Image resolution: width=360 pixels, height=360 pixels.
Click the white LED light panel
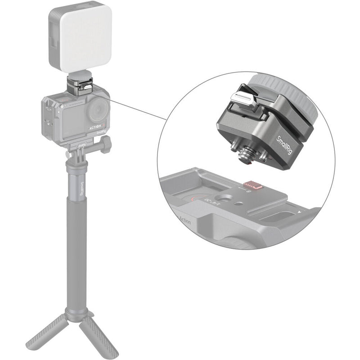click(81, 38)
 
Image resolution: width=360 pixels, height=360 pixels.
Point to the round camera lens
click(98, 110)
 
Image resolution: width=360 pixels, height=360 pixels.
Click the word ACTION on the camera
click(94, 127)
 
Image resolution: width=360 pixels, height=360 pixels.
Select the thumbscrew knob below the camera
click(104, 145)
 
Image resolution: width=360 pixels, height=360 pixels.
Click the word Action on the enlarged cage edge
click(185, 221)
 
